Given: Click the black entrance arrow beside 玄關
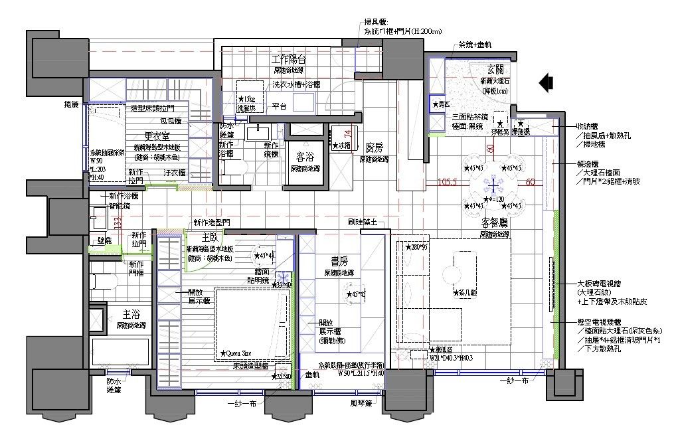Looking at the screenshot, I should click(546, 82).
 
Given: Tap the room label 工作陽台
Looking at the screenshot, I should click(288, 59).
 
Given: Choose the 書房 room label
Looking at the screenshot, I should click(341, 261).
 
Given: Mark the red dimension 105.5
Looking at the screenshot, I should click(449, 182).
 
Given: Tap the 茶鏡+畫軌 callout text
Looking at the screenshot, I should click(474, 44).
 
